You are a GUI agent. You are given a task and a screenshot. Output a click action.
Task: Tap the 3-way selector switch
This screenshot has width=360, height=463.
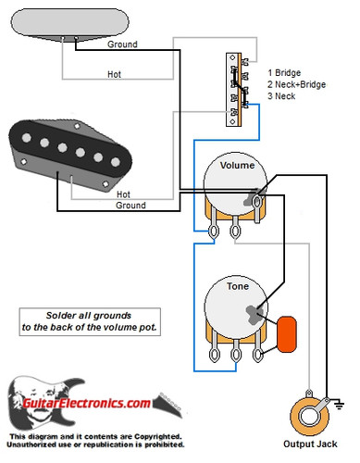pyautogui.click(x=236, y=90)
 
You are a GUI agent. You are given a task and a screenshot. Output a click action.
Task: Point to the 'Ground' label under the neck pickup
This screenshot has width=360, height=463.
pyautogui.click(x=124, y=44)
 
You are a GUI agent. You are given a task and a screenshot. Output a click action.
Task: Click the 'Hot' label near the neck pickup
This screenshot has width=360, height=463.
pyautogui.click(x=115, y=73)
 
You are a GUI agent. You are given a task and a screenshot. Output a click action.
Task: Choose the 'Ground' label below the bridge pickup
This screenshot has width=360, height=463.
pyautogui.click(x=130, y=206)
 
